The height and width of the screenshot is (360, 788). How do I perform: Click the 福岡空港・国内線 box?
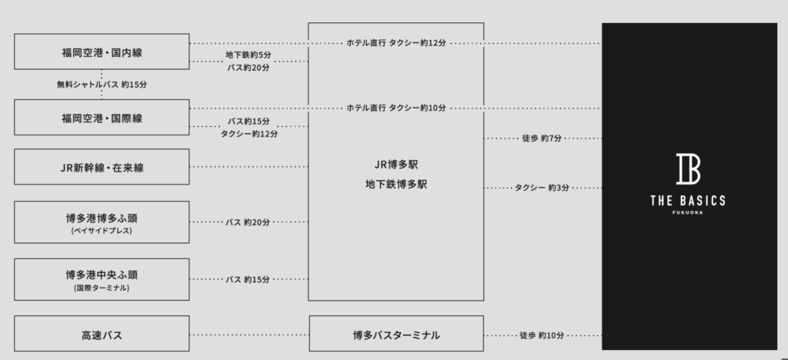point(102,52)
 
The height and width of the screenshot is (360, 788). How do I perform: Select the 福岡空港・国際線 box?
point(102,118)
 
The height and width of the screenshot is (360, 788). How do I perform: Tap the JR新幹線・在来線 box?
point(102,167)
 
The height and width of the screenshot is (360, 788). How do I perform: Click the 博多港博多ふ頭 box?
point(102,222)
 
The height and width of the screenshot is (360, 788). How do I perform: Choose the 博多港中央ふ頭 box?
point(102,280)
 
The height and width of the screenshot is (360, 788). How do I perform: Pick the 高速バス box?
point(102,334)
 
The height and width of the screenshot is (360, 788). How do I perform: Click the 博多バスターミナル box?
point(396,334)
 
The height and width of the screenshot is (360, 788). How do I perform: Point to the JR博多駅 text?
point(396,165)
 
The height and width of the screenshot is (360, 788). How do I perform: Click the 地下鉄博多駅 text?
point(396,185)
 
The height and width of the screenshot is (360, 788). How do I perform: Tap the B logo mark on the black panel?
point(688,169)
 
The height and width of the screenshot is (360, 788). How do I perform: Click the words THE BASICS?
point(688,202)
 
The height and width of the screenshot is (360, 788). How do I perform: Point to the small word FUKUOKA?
point(688,213)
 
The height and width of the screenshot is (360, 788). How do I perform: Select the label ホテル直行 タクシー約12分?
point(396,43)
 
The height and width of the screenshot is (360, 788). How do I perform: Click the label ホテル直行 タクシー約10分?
point(396,108)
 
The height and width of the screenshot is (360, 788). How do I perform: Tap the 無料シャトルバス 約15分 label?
point(102,85)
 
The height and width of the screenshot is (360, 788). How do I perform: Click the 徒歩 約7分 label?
point(542,138)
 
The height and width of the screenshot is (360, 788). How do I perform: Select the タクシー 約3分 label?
point(542,188)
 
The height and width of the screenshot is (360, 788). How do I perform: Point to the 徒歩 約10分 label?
point(542,335)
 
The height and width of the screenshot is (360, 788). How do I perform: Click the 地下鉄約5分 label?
point(249,55)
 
